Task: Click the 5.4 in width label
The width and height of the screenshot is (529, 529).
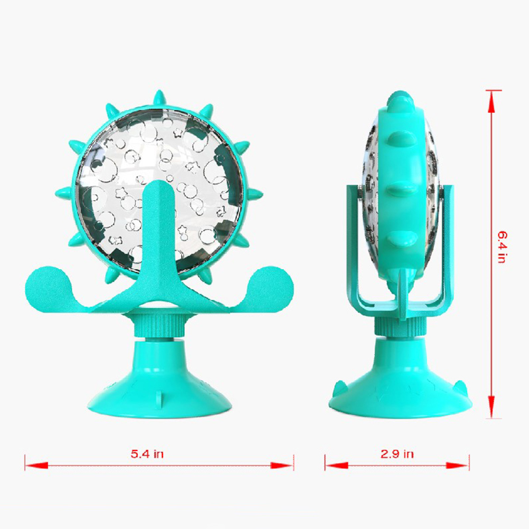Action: (147, 454)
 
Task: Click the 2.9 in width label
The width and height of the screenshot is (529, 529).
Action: (397, 454)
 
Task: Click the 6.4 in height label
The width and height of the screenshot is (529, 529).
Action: (503, 247)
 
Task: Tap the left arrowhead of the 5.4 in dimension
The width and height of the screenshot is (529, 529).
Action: (36, 466)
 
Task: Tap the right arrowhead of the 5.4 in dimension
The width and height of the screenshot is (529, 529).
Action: (282, 466)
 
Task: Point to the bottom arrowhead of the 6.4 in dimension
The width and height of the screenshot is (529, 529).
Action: (491, 407)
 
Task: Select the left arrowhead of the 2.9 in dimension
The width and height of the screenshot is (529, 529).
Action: (336, 466)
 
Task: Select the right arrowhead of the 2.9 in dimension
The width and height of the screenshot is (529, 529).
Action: (458, 466)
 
